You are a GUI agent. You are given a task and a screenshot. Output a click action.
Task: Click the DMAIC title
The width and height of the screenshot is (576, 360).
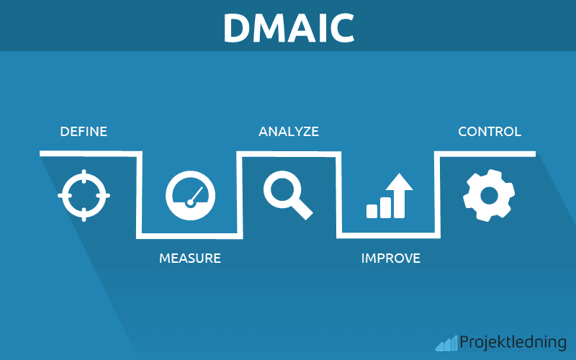(288, 27)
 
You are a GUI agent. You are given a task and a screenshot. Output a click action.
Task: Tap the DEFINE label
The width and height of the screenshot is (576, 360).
(84, 132)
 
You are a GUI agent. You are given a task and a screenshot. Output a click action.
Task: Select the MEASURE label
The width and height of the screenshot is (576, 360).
(189, 258)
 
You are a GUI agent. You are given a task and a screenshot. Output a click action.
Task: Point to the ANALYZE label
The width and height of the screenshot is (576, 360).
(289, 132)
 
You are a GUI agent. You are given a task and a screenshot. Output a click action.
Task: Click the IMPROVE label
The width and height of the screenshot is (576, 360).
(390, 258)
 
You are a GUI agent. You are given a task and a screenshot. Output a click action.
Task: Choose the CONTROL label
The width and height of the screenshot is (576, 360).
(490, 132)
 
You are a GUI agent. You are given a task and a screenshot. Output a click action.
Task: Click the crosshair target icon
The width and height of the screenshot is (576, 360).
(84, 195)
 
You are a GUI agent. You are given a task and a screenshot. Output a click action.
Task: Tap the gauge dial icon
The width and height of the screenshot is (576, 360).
(190, 195)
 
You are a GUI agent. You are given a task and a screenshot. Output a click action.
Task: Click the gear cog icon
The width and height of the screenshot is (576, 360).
(489, 195)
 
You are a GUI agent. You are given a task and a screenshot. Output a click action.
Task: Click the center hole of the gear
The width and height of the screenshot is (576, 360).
(489, 195)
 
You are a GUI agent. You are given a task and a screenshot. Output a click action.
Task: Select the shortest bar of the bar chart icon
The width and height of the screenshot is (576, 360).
(372, 211)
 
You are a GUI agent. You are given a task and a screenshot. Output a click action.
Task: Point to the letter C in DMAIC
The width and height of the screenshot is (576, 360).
(341, 27)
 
